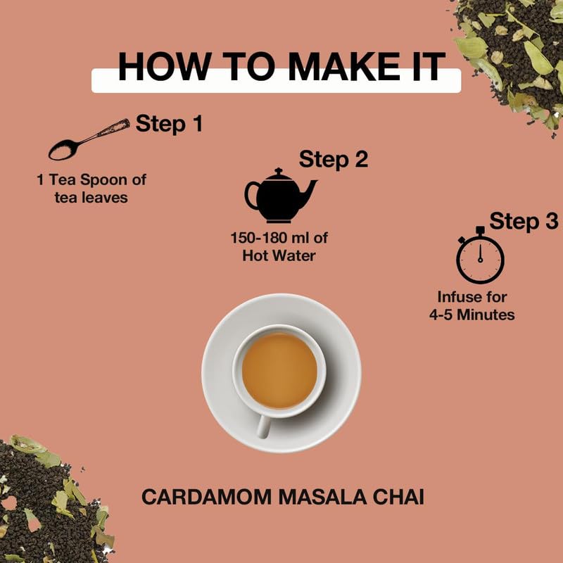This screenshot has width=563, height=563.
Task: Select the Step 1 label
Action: (169, 124)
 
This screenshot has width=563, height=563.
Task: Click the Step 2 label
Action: (334, 159)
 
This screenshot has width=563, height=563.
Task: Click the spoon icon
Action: (88, 139)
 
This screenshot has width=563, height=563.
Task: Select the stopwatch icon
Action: (480, 256)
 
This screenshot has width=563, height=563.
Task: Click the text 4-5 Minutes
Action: (472, 314)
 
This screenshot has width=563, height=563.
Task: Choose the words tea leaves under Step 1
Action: (91, 197)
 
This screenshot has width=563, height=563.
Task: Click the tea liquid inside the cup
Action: (279, 370)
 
